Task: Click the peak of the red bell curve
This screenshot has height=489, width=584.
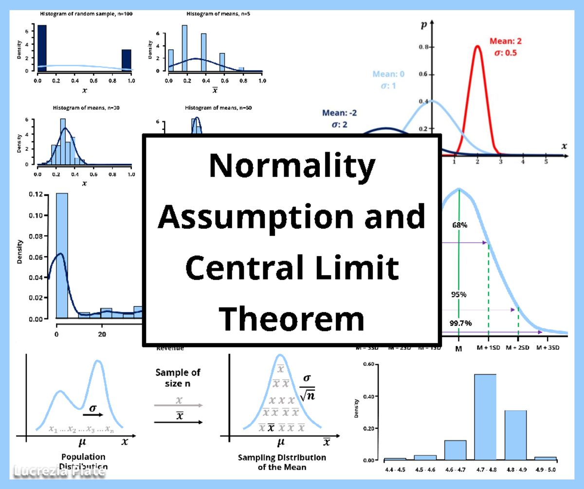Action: pos(477,47)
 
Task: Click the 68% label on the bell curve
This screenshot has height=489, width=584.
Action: pos(459,225)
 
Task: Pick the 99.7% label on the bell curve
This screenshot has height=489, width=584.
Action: pos(460,323)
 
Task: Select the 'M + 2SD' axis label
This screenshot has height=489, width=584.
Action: pos(518,348)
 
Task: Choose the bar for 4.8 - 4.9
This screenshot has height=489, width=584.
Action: pos(515,435)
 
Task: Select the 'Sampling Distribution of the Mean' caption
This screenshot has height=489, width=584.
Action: pos(282,462)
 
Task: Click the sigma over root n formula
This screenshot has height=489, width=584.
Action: pos(307,387)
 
